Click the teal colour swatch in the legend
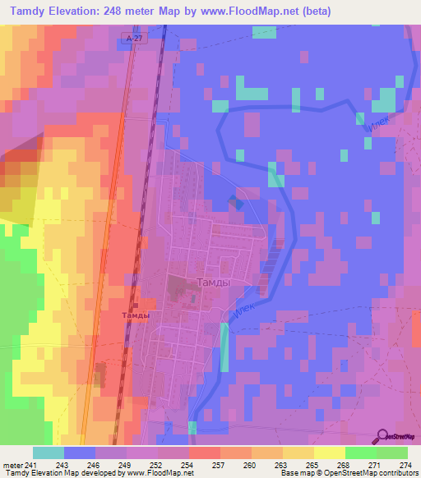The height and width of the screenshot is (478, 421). (x=49, y=453)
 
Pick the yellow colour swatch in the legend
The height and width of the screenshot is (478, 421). (x=329, y=453)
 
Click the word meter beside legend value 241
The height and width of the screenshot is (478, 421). (x=12, y=466)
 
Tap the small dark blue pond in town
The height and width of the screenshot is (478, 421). (x=236, y=202)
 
